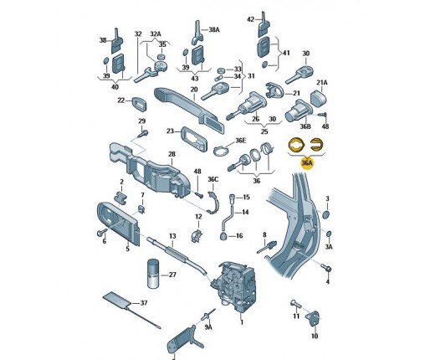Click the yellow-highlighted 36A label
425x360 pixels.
[x=306, y=162]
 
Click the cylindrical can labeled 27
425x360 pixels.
[x=152, y=274]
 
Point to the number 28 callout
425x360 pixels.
[x=172, y=154]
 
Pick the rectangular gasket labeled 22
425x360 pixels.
[x=139, y=104]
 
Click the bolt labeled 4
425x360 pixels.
[x=326, y=267]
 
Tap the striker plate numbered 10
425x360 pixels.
[x=313, y=318]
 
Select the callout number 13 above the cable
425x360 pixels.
[x=172, y=236]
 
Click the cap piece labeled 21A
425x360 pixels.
[x=319, y=98]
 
